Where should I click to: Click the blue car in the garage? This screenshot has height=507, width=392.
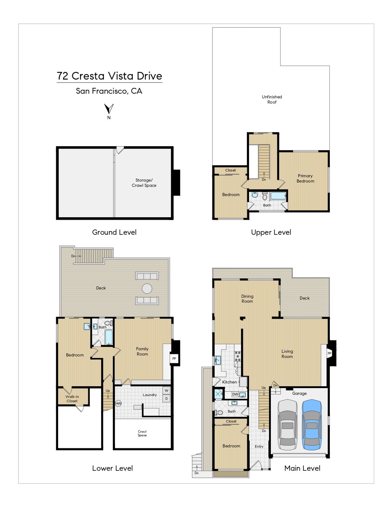[x=311, y=425]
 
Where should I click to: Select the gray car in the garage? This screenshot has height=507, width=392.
[x=287, y=425]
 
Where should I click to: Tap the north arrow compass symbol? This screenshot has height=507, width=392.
[x=109, y=109]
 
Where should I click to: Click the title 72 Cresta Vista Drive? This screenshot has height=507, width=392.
[x=109, y=76]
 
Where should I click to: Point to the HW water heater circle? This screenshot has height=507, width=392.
[x=118, y=403]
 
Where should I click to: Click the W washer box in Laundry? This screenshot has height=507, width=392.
[x=166, y=390]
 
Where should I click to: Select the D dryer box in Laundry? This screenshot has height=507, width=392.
[x=166, y=399]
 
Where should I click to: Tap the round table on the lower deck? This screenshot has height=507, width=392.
[x=147, y=288]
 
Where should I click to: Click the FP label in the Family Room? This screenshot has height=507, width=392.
[x=174, y=358]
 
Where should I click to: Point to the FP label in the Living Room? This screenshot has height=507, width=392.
[x=329, y=354]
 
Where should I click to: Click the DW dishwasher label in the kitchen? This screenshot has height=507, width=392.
[x=235, y=394]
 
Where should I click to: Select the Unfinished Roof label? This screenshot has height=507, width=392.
[x=272, y=99]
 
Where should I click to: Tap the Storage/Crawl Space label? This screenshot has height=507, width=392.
[x=144, y=183]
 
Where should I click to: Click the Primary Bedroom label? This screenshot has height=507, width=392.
[x=305, y=179]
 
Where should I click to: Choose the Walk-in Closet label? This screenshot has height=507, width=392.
[x=72, y=399]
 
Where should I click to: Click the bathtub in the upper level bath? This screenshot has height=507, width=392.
[x=278, y=196]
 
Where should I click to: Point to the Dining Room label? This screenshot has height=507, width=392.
[x=247, y=299]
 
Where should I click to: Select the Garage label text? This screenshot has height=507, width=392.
[x=299, y=393]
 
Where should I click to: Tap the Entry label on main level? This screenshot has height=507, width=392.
[x=259, y=447]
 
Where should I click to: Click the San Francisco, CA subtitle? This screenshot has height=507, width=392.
[x=109, y=91]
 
